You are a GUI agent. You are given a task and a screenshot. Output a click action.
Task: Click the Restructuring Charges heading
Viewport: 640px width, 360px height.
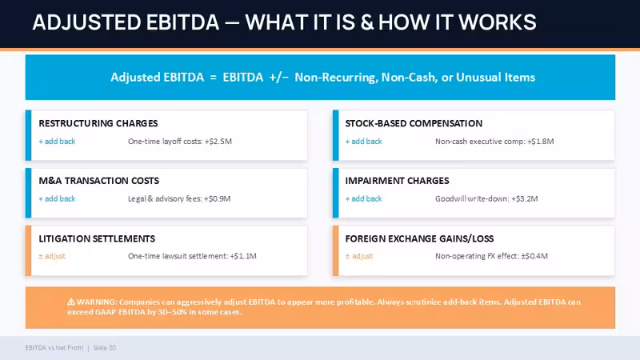(98, 123)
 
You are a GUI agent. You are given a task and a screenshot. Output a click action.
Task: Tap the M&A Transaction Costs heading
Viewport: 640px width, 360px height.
(98, 181)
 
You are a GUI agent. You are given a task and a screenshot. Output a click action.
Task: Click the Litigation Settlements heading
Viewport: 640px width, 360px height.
(97, 238)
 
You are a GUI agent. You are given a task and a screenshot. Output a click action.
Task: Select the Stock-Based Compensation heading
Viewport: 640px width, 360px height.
(414, 123)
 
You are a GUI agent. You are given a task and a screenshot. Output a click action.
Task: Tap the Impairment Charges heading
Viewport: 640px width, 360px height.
(397, 181)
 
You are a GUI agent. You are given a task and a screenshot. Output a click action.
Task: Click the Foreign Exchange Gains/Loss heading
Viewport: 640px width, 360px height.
(419, 238)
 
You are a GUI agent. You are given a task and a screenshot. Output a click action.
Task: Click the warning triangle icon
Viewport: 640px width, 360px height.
(71, 302)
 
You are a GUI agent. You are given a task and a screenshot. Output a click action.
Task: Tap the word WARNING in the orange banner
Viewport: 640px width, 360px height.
(97, 302)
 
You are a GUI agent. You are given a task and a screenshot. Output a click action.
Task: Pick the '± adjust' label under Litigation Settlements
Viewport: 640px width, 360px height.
(52, 256)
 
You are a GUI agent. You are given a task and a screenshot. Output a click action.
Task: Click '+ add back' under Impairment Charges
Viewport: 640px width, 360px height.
(364, 198)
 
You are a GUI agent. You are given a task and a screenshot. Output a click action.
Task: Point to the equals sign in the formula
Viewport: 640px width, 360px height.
(213, 78)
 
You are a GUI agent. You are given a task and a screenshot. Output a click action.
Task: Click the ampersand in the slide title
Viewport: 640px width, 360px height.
(367, 22)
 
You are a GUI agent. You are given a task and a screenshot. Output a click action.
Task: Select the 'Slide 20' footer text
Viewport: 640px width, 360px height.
(105, 348)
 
